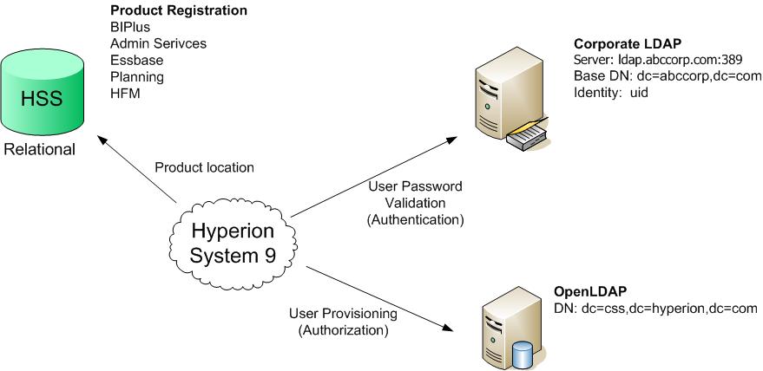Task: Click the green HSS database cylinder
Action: (40, 95)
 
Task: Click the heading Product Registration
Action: (179, 11)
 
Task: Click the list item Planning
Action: (137, 77)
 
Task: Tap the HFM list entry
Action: (125, 94)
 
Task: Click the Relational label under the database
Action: (40, 149)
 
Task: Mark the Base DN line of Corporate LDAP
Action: (667, 76)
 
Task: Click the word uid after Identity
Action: (639, 92)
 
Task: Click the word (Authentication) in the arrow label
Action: (416, 219)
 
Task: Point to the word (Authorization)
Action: (343, 330)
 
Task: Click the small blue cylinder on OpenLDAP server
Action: (522, 353)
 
